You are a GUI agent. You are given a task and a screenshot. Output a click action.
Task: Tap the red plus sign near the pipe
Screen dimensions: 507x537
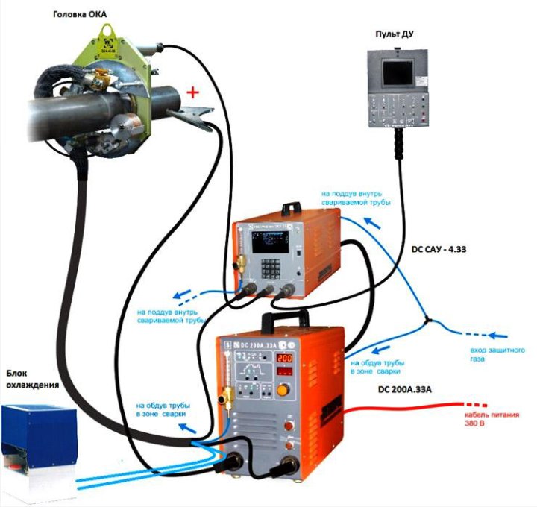[x=193, y=92]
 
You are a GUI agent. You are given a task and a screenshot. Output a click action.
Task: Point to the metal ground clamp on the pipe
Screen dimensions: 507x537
[x=186, y=114]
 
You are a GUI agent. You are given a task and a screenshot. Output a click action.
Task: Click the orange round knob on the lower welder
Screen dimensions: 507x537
[x=283, y=389]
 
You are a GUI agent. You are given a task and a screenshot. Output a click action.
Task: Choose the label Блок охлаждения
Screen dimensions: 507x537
[x=32, y=379]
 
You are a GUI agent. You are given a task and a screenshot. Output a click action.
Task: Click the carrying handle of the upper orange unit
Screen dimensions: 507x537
[x=286, y=207]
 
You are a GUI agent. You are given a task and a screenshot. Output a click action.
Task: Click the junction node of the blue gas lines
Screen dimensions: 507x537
[x=425, y=321]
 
